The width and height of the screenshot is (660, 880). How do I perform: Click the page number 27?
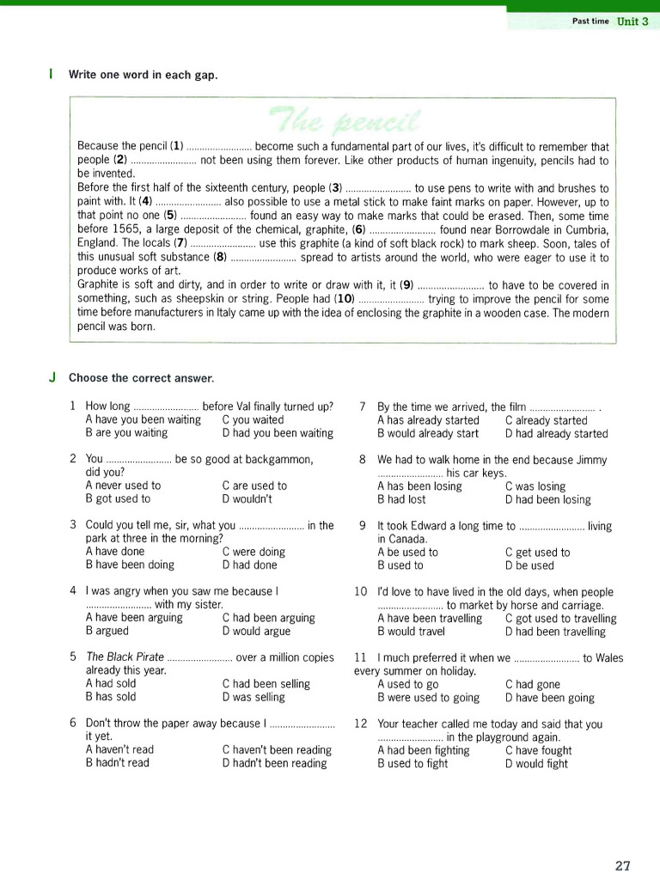pos(624,865)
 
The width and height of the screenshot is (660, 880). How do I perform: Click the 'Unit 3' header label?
pos(632,21)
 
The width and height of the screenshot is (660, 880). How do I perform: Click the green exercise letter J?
pos(52,377)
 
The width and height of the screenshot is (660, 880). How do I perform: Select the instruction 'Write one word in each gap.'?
pos(143,75)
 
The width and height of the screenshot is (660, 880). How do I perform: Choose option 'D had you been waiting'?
pos(277,433)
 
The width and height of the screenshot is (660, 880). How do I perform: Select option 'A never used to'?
pos(123,486)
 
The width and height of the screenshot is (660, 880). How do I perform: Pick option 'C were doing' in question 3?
pos(253,552)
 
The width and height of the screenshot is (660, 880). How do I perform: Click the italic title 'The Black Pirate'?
pos(125,657)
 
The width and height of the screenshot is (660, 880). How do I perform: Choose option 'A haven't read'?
pos(119,749)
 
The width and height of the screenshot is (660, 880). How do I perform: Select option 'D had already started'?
pos(556,434)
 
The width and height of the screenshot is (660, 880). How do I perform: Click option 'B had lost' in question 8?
pos(401,499)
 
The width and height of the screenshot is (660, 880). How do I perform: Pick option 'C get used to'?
pos(537,553)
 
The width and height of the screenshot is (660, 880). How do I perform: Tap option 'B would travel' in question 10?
pos(411,632)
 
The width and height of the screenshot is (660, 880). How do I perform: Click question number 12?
pos(361,724)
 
